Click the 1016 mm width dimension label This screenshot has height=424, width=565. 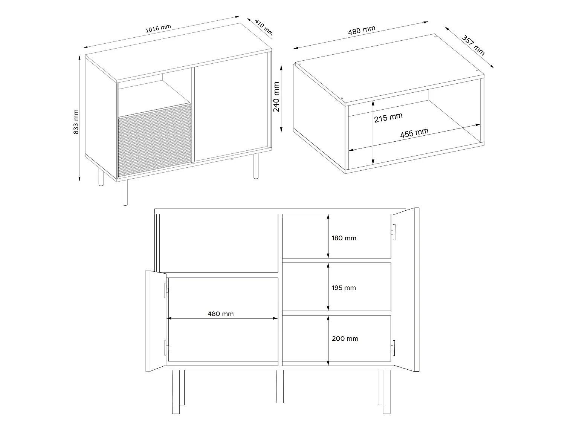pos(158,28)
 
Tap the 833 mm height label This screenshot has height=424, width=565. pos(76,122)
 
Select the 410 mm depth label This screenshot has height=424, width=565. pos(263,27)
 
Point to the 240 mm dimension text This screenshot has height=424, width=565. pos(276,97)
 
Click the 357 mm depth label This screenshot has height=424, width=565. pos(473,45)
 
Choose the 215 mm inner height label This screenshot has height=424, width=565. pos(388,117)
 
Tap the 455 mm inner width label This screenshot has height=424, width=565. pos(414,133)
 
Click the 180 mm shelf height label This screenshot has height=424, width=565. pos(344,238)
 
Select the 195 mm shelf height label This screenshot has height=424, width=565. pos(344,288)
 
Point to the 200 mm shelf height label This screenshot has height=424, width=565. pos(345,338)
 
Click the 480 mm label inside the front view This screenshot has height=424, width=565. pos(221,314)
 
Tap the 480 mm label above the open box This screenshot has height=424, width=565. pos(362,30)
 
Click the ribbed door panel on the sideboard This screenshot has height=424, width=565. pos(154,140)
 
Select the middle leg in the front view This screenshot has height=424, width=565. pos(280,386)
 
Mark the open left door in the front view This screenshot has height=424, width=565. pos(156,321)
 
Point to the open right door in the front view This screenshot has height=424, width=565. pos(406,289)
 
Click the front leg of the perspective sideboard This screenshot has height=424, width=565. pos(125,192)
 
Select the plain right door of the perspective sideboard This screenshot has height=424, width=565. pos(231,107)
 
